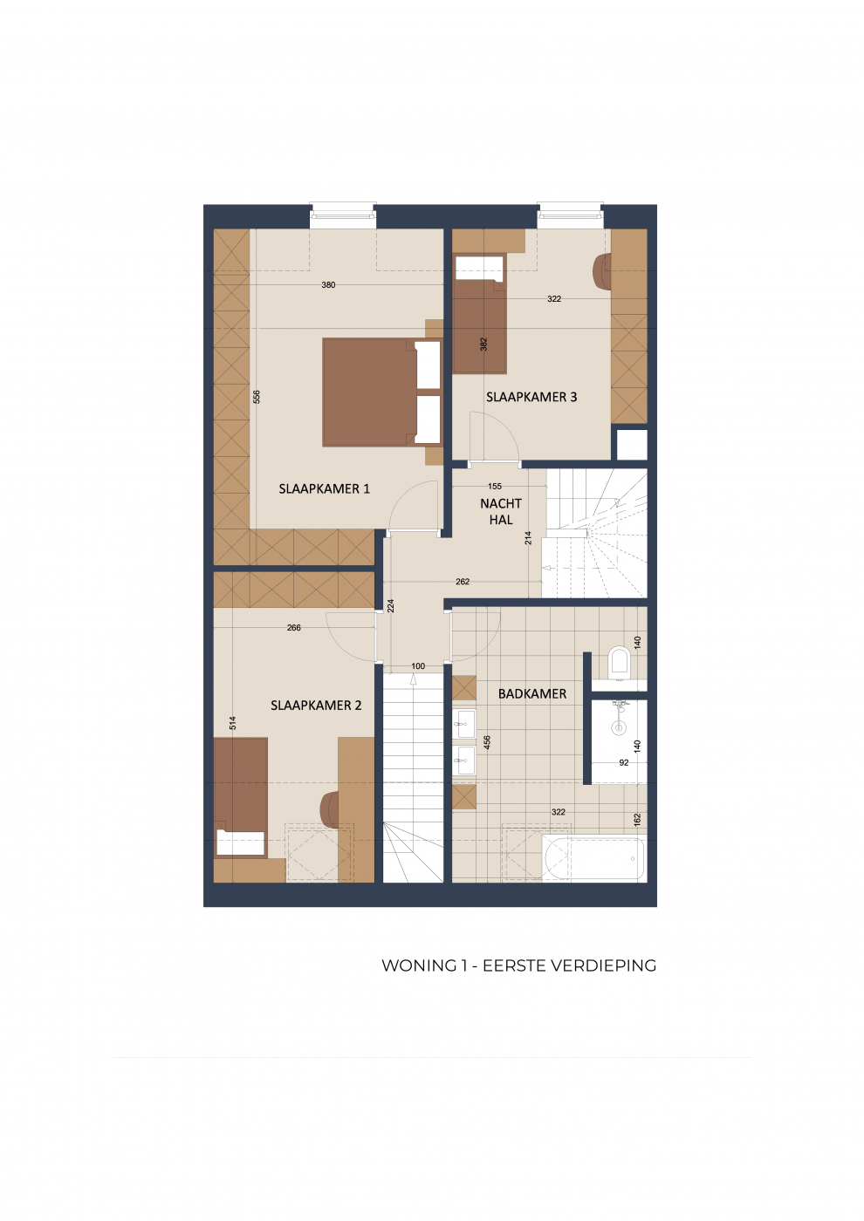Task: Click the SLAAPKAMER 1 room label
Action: point(324,489)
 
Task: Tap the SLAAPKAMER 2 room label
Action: point(316,706)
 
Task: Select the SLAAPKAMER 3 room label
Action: point(531,397)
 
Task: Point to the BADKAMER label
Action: point(531,694)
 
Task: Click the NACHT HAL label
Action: point(501,511)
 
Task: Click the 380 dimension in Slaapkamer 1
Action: point(328,285)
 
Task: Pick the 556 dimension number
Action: point(257,396)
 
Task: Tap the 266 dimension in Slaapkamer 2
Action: point(293,627)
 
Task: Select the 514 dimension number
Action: point(233,723)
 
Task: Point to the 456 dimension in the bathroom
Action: point(487,742)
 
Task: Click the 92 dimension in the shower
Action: point(624,762)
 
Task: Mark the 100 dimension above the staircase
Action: point(418,666)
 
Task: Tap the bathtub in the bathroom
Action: point(593,858)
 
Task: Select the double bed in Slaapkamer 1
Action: point(381,392)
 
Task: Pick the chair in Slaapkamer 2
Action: point(329,810)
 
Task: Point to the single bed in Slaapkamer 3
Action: point(479,314)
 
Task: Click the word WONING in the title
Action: point(420,966)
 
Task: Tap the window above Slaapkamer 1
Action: point(342,215)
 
